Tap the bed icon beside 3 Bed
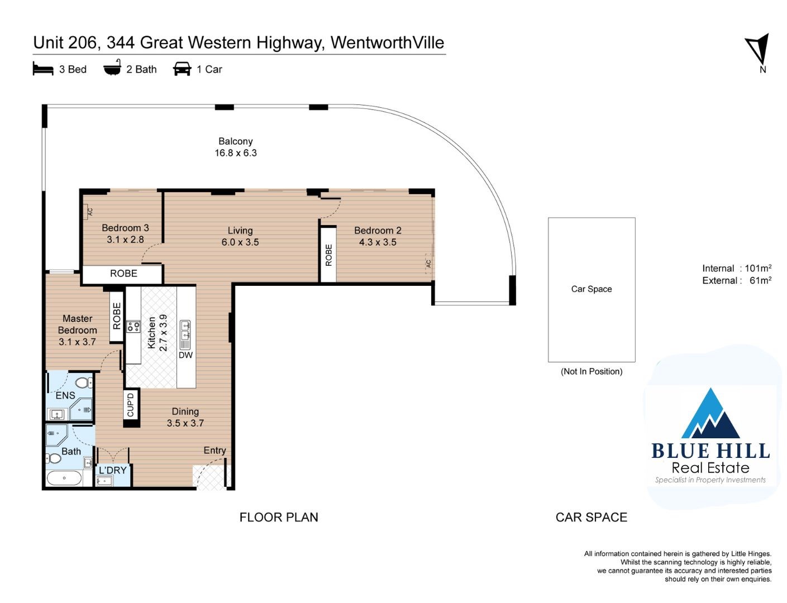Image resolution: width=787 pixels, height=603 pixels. (x=43, y=69)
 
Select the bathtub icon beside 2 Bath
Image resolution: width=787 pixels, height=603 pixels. (x=112, y=68)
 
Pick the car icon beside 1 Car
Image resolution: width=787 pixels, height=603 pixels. (x=182, y=69)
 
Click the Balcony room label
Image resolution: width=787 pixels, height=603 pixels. (x=235, y=141)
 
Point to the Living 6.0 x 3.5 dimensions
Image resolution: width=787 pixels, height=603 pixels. (x=240, y=242)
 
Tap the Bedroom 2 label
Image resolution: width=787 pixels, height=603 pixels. (x=378, y=231)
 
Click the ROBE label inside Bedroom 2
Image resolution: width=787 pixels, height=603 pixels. (x=328, y=255)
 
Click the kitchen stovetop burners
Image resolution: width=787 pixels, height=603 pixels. (x=133, y=327)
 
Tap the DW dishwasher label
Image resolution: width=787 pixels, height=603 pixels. (x=185, y=355)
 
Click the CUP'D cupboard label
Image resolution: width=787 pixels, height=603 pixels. (x=131, y=405)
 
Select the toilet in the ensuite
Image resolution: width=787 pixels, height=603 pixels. (x=84, y=382)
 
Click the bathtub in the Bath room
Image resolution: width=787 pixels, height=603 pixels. (x=64, y=478)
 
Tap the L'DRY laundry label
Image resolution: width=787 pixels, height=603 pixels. (x=113, y=470)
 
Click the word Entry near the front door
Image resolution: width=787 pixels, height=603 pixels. (x=214, y=450)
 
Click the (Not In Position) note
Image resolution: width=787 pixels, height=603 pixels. (x=592, y=371)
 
